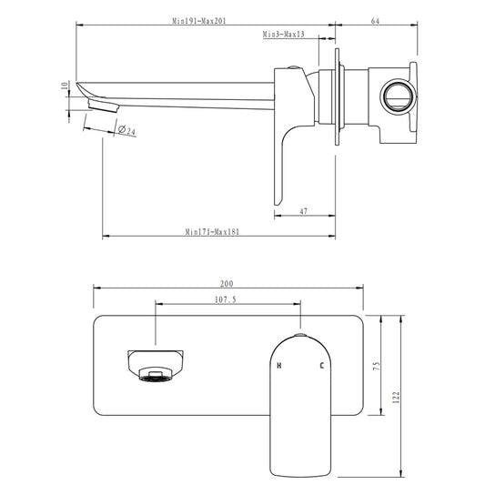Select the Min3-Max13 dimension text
coord(283,34)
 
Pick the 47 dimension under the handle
coord(302,210)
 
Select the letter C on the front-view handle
coord(320,366)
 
